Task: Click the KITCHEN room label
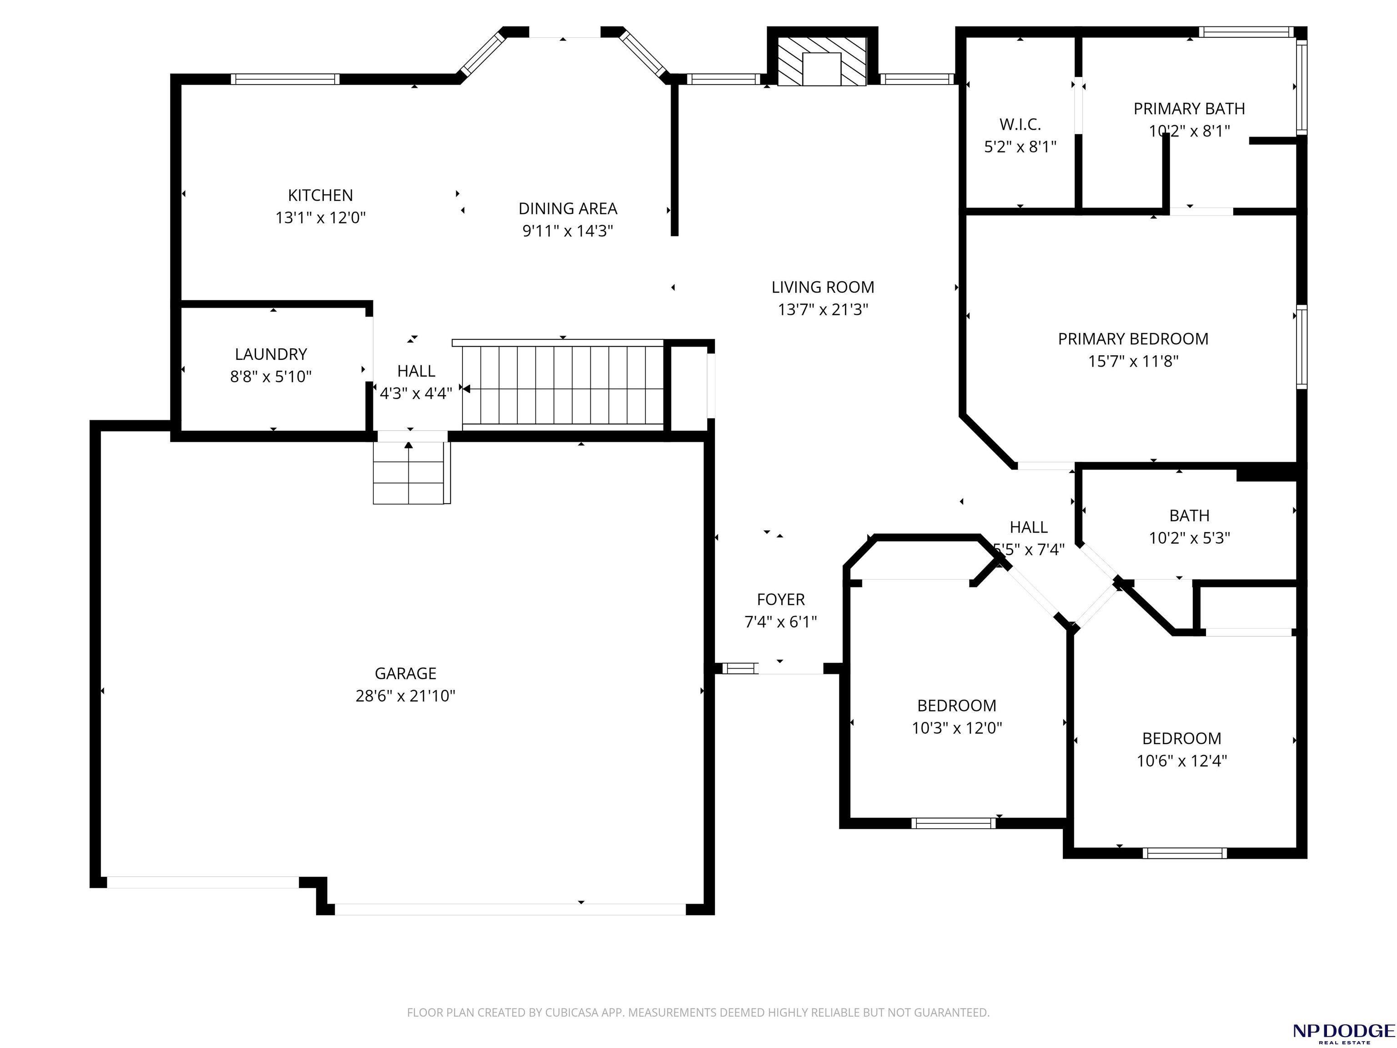click(320, 195)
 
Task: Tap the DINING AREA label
click(568, 208)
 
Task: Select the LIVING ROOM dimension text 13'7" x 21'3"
click(823, 310)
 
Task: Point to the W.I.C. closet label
click(1020, 125)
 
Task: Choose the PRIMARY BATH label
click(1189, 109)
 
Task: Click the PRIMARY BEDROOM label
click(1133, 339)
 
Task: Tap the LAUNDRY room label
click(271, 354)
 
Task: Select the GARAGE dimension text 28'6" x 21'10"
click(406, 696)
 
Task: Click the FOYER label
click(781, 600)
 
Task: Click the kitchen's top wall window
click(285, 79)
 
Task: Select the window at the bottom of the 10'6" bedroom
click(1185, 853)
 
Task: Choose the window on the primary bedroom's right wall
click(1302, 346)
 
